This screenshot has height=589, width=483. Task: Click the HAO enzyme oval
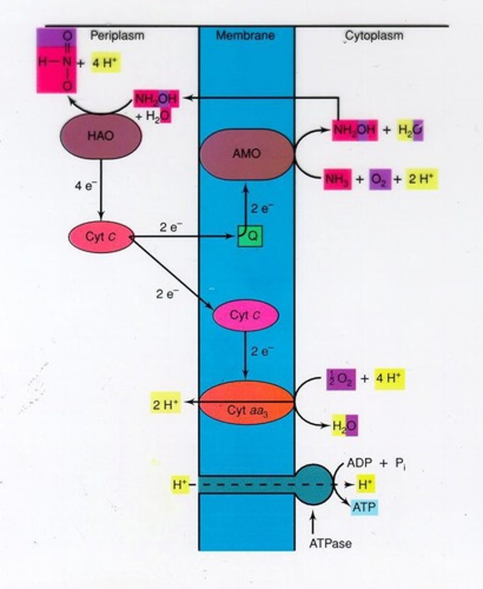(101, 136)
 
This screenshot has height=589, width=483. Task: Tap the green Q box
(250, 237)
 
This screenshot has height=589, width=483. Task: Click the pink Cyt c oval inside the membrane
(245, 315)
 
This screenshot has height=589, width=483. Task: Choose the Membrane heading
(245, 35)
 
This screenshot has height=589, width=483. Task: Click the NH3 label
(337, 180)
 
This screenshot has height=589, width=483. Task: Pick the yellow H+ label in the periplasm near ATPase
(180, 485)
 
